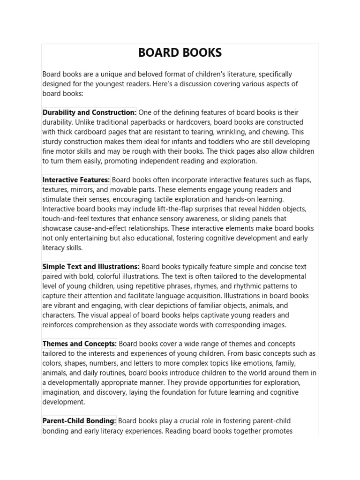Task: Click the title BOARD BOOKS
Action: pyautogui.click(x=180, y=53)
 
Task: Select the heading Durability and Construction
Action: pyautogui.click(x=89, y=112)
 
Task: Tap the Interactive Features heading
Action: pyautogui.click(x=76, y=180)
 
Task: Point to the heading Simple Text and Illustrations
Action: pyautogui.click(x=91, y=267)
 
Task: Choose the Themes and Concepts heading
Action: pyautogui.click(x=80, y=344)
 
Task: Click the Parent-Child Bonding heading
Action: pyautogui.click(x=79, y=421)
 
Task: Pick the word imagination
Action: pyautogui.click(x=64, y=392)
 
